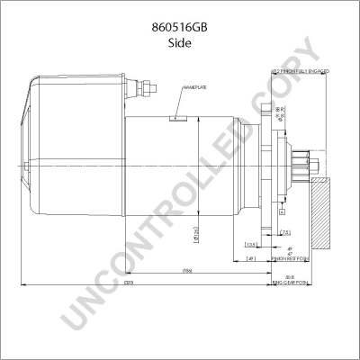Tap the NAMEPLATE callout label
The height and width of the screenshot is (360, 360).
(x=195, y=87)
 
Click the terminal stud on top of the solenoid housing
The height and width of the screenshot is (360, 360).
(x=143, y=89)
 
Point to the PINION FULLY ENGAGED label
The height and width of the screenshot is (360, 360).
(x=300, y=69)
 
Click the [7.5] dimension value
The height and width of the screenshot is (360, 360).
(x=284, y=233)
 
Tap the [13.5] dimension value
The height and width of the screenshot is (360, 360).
(x=251, y=245)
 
